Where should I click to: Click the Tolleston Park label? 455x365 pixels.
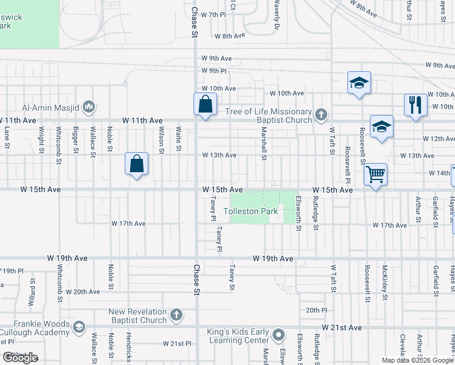pos(251,212)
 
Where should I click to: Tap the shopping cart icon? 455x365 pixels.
pos(376,175)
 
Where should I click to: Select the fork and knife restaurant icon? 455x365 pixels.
pos(415,105)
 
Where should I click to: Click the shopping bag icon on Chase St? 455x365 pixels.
pos(206,104)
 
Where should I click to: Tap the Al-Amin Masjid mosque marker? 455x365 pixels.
pos(89,108)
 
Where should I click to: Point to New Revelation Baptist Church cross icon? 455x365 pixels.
pos(176,315)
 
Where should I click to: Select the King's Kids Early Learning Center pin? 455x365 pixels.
pos(279,335)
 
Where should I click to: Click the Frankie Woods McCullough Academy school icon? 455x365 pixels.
pos(78,328)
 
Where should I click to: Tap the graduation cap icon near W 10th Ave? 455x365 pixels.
pos(359,83)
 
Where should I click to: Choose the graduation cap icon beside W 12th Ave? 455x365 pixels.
pos(381,127)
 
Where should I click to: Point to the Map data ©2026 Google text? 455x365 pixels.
pos(417,360)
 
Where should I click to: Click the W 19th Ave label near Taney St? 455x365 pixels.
pos(273,259)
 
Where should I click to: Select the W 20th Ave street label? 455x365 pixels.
pos(83,292)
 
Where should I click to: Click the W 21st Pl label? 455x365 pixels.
pos(177,344)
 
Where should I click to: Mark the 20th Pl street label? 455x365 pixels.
pos(317,310)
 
